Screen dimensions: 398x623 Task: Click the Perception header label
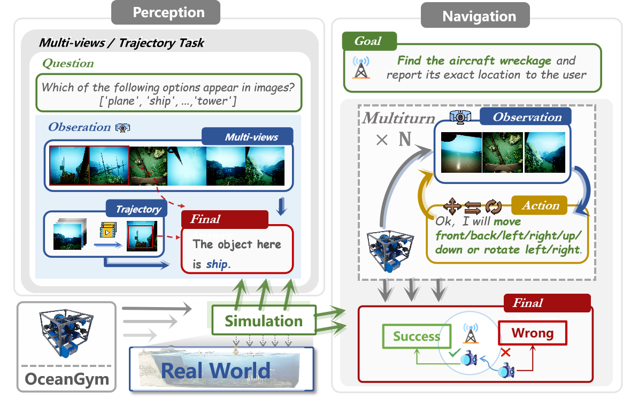pos(168,13)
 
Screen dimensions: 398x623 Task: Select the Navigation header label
pos(479,16)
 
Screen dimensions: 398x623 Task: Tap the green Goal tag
pos(370,41)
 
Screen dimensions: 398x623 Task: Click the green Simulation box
pos(263,321)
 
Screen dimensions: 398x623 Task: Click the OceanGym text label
pos(67,380)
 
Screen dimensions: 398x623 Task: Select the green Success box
pos(416,336)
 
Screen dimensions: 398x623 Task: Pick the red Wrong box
pos(532,333)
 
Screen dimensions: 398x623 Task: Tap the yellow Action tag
pos(541,205)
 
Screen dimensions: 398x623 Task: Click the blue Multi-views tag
pos(251,136)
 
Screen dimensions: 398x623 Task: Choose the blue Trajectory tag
pos(138,209)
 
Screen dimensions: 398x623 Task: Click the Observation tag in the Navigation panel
pos(526,117)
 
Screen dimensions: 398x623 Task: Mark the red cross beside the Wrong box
pos(504,352)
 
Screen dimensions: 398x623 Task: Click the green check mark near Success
pos(454,354)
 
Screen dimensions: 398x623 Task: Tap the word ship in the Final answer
pos(216,264)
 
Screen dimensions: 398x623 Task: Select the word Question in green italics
pos(68,63)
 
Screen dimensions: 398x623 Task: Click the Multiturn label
pos(398,118)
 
